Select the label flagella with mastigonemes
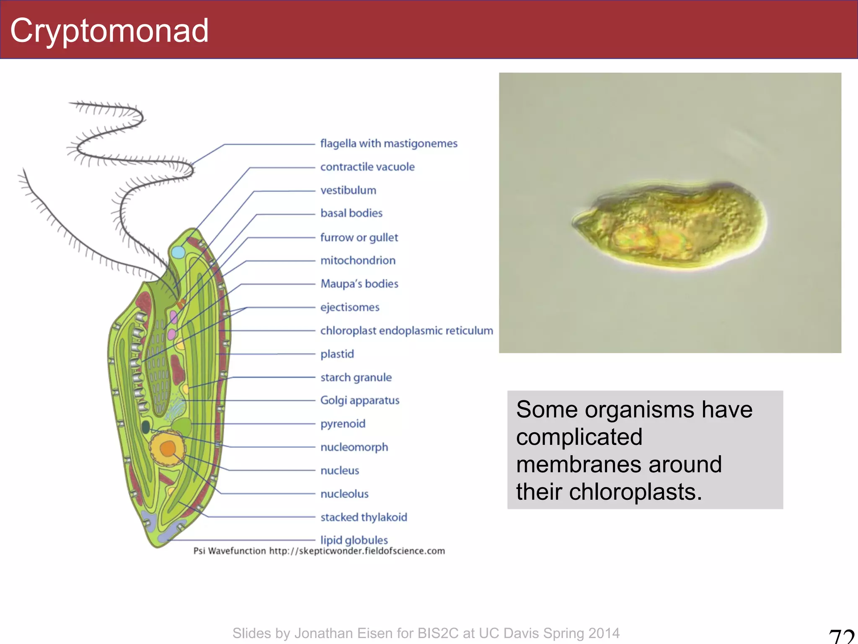pos(388,143)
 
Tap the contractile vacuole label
pos(367,167)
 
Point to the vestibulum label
pos(348,190)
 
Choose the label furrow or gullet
pos(359,237)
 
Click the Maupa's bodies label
pos(359,284)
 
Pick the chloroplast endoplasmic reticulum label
pos(406,331)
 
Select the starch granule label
pos(356,377)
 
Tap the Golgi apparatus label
pos(359,400)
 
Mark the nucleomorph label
pos(354,447)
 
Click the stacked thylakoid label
pos(363,517)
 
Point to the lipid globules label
pos(354,540)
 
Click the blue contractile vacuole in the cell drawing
pos(178,252)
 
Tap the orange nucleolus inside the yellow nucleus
pos(168,449)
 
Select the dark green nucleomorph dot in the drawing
pos(146,427)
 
